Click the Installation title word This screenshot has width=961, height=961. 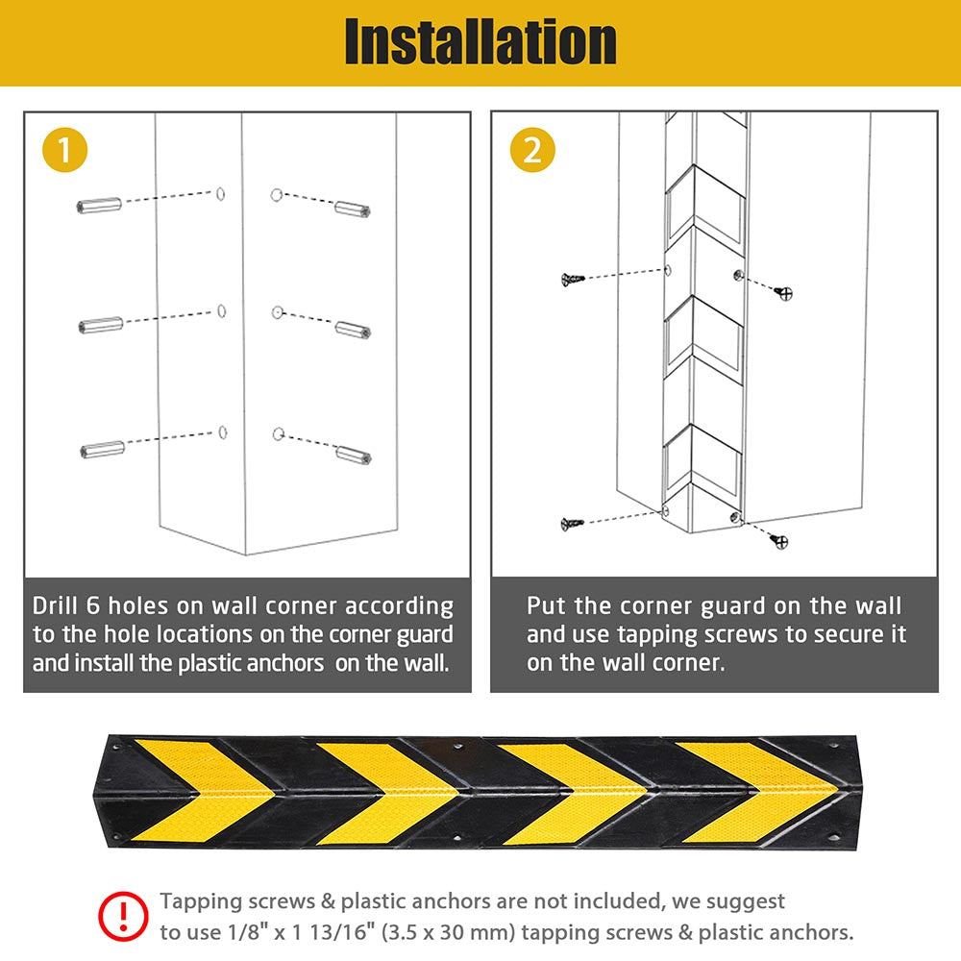click(480, 42)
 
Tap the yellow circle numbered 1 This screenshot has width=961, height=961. click(64, 151)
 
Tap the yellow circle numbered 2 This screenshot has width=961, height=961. click(532, 151)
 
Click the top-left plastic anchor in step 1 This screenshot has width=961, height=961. click(99, 206)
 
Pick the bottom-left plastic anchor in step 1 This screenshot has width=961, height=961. click(102, 449)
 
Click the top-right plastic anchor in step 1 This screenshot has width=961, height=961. click(353, 209)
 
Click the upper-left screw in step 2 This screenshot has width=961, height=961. click(573, 279)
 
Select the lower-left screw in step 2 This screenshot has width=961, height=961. click(573, 523)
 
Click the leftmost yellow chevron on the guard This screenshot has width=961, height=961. click(192, 793)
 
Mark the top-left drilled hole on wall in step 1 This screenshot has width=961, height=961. click(221, 193)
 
